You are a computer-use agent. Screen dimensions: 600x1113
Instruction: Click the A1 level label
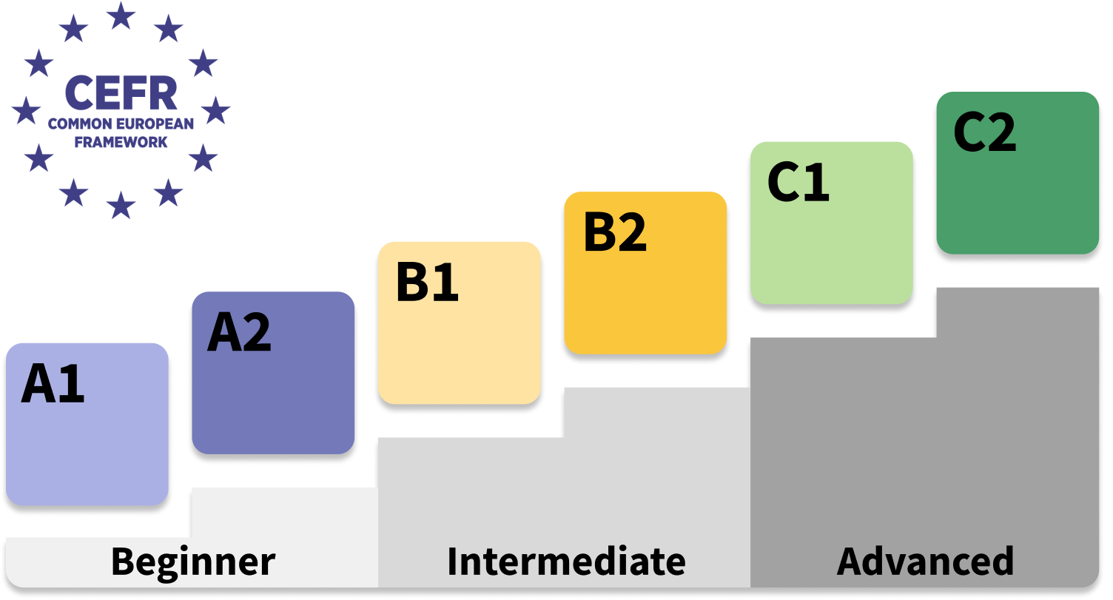[53, 385]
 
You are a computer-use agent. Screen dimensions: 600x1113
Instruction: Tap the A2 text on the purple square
[239, 333]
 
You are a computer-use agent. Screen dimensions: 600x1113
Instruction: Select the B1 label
[427, 283]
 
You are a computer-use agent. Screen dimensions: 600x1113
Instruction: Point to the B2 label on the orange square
[615, 232]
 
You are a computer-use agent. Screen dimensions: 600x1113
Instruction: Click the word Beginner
[193, 562]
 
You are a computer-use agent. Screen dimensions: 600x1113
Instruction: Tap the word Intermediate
[566, 562]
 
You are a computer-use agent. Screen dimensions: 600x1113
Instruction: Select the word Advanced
[925, 562]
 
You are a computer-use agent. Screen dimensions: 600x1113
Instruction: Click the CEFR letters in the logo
[121, 93]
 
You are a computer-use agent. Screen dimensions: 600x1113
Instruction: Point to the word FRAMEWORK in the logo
[121, 142]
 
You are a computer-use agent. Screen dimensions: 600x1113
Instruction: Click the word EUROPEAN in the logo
[153, 124]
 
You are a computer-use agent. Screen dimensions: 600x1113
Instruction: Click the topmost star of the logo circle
[121, 16]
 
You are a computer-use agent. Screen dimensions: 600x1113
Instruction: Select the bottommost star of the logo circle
[121, 205]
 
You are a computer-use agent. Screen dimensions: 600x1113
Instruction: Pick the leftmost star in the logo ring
[27, 110]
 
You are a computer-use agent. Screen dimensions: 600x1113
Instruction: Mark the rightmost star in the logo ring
[215, 110]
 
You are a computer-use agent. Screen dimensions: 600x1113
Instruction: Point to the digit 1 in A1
[72, 385]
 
